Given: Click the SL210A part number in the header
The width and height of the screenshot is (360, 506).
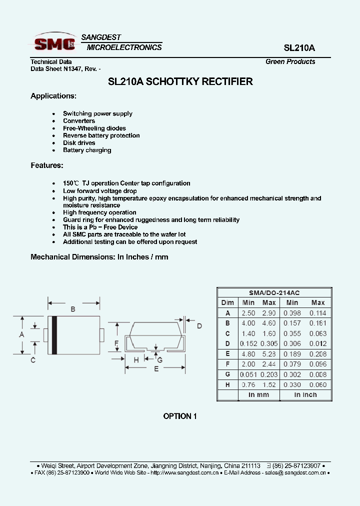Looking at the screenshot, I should pos(299,48).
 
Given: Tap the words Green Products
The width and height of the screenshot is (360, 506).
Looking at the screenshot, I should pos(290,62).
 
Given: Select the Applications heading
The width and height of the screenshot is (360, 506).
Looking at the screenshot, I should pos(53,95).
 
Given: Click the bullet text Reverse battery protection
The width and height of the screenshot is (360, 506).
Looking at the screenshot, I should pos(101,135).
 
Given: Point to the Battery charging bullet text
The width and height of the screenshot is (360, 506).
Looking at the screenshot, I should pos(87,150).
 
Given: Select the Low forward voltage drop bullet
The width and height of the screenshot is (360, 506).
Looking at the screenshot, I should pos(99,191).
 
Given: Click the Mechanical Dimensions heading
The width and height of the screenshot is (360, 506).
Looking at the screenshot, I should pos(99,257).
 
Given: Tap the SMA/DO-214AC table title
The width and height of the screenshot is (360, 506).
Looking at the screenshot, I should pos(274,293).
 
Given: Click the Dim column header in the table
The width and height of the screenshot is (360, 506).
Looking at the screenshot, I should pos(227,302).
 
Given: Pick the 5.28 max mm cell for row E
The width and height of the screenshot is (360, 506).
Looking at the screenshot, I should pos(269,354).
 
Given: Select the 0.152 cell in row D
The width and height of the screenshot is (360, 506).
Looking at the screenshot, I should pos(248,343).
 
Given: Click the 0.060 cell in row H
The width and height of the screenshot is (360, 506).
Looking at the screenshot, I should pos(318,384).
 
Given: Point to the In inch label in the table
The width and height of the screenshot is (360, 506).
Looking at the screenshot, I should pos(305,394).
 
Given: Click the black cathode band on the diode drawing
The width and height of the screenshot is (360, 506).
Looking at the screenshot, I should pos(54,335).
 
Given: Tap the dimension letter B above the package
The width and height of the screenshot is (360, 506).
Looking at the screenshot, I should pos(73,309).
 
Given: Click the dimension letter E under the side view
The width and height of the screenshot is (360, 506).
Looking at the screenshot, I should pos(156,368).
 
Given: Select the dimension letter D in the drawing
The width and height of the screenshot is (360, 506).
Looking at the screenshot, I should pos(199,326).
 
